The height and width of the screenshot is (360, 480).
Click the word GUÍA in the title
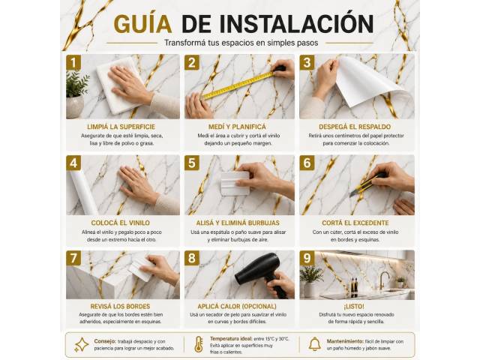[142, 24]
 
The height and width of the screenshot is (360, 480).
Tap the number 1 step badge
[73, 62]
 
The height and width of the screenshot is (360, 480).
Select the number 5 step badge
[192, 163]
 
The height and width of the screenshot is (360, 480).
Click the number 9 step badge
[307, 258]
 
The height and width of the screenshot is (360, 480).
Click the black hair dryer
[263, 274]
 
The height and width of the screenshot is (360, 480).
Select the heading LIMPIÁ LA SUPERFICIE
[121, 127]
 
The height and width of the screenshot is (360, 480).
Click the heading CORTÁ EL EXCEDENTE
[355, 223]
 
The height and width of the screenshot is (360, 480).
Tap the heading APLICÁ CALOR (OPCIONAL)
[237, 307]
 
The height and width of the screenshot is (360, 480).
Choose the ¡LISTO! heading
[354, 307]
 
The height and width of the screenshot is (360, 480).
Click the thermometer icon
[199, 344]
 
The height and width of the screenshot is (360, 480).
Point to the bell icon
[314, 344]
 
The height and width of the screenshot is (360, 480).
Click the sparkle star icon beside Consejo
[81, 345]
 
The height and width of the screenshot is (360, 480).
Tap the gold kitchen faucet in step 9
[383, 280]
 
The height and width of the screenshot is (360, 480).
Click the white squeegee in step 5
[235, 183]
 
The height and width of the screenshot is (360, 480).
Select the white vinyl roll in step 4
[82, 192]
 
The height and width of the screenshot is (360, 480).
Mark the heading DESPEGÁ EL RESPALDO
[355, 127]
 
